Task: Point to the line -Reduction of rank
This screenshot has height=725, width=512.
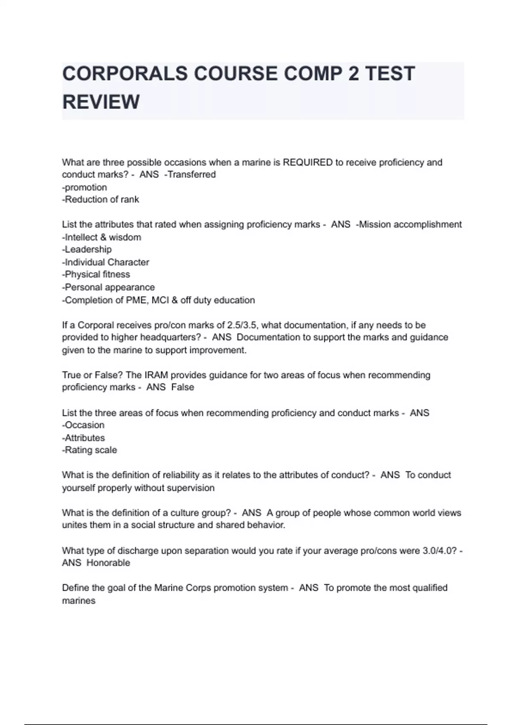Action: (101, 200)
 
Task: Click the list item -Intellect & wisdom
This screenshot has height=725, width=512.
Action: (102, 237)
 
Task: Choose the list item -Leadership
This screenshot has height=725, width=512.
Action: (87, 249)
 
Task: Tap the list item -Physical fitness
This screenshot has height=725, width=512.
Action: (96, 275)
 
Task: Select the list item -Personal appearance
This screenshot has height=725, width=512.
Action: (108, 287)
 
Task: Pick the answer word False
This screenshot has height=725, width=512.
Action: (182, 387)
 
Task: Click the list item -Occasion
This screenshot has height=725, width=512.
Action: (83, 425)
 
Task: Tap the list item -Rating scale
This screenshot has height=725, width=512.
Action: (90, 450)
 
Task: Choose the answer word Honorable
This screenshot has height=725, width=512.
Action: (108, 563)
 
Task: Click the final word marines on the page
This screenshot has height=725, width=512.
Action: (79, 601)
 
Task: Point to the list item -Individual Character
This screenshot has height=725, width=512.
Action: (106, 262)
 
